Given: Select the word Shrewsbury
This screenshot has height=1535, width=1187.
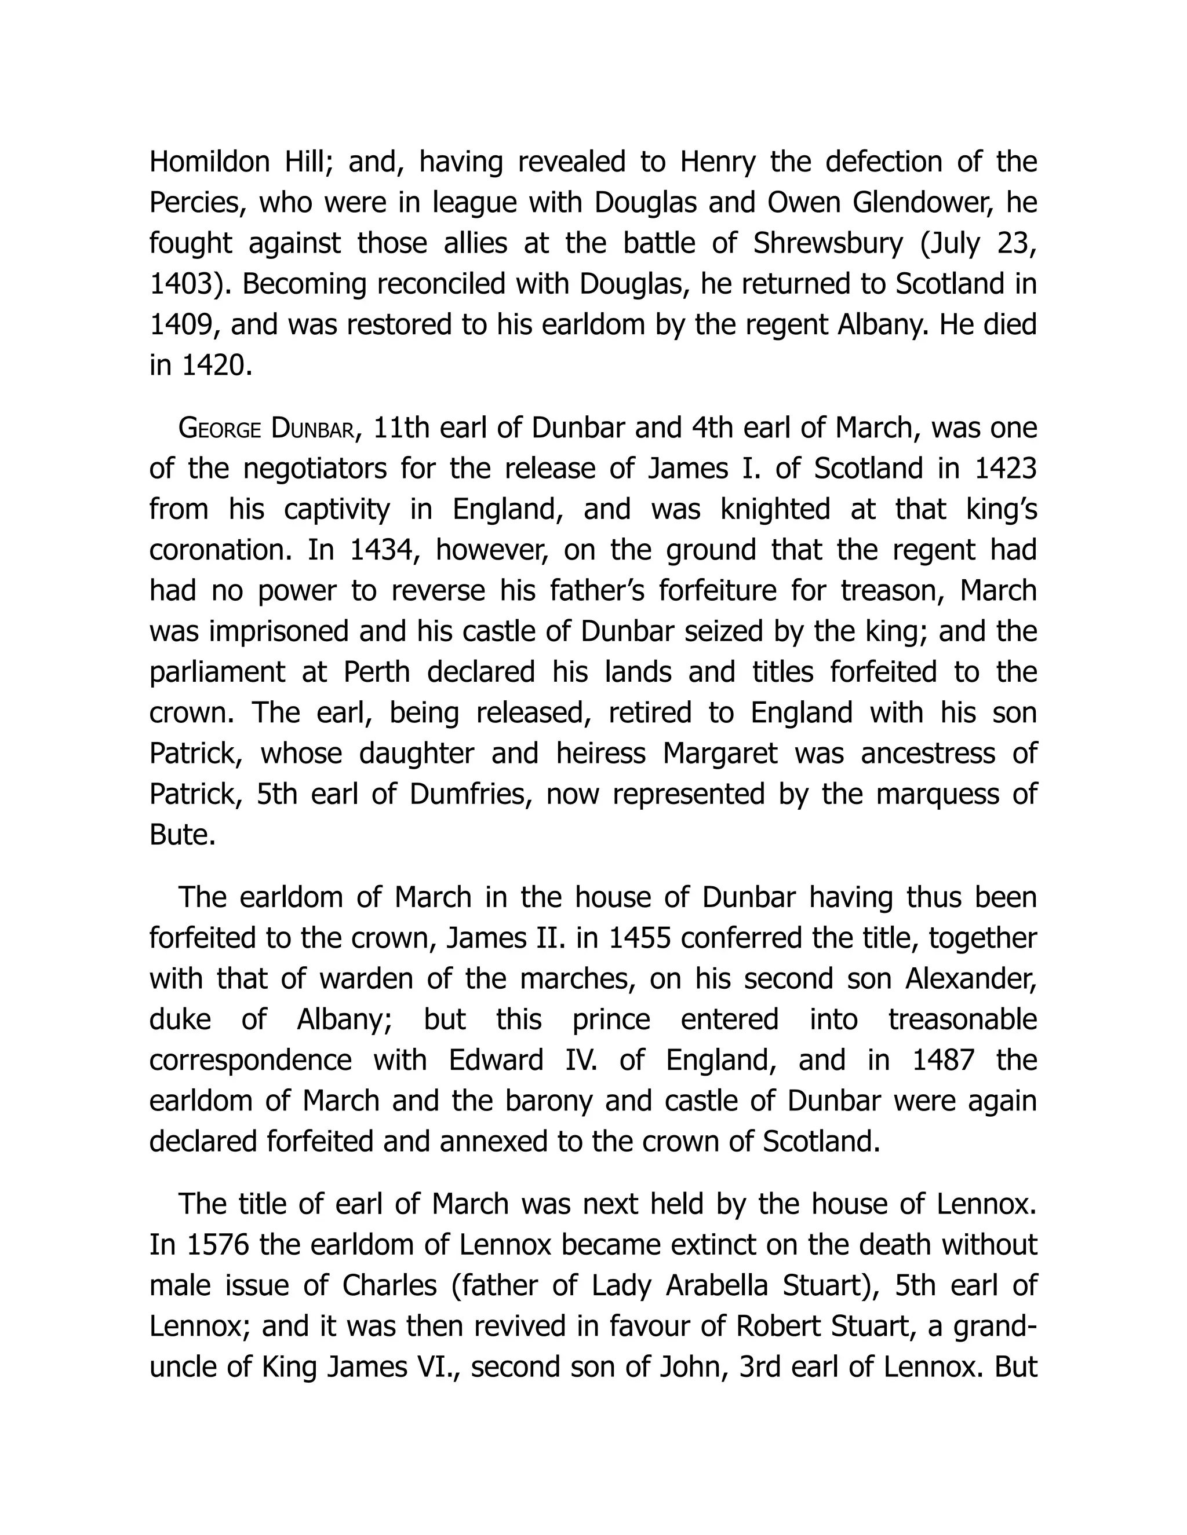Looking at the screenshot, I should pyautogui.click(x=828, y=244).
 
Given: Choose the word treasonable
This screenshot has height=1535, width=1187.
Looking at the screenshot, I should pyautogui.click(x=963, y=1020).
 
